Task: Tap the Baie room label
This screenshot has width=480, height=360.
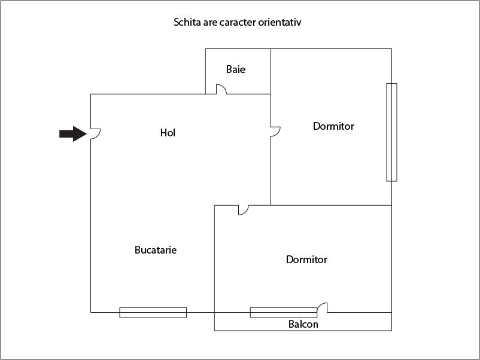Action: [x=236, y=69]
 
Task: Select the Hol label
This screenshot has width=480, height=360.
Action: [x=168, y=133]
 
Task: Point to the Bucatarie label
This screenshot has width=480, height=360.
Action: [x=156, y=250]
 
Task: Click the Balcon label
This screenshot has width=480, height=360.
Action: [x=303, y=325]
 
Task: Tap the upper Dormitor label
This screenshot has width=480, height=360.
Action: [x=333, y=126]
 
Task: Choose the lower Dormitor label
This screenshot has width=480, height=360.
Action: [x=306, y=260]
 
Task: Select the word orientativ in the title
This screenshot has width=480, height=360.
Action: [x=286, y=23]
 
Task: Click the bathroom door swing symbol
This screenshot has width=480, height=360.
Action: [x=220, y=89]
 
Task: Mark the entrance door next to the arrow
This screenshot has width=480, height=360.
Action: [x=95, y=134]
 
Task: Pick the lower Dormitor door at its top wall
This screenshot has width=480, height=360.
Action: [x=244, y=210]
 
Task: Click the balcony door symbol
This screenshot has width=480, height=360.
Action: [x=323, y=307]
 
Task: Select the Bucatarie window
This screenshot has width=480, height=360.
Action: [x=153, y=312]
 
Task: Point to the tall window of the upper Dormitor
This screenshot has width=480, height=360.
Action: [x=391, y=132]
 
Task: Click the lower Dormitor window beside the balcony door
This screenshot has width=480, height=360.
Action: [x=283, y=312]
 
